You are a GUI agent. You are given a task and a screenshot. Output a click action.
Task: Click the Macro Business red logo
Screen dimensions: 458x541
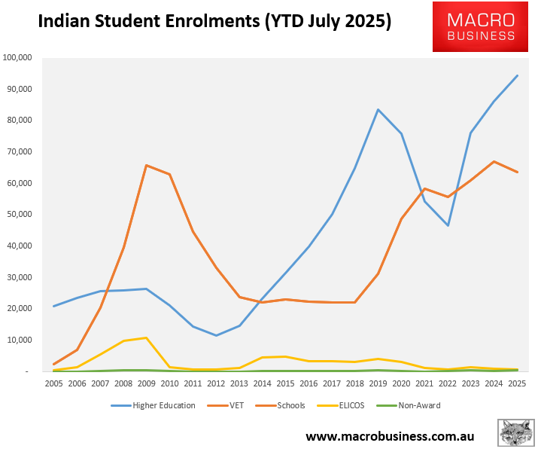[481, 27]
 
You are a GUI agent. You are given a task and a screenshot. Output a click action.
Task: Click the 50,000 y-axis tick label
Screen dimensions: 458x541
[18, 215]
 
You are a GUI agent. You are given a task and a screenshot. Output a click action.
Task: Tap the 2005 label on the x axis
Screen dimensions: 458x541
[53, 383]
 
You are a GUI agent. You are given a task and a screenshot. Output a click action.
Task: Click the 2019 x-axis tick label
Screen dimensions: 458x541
[378, 383]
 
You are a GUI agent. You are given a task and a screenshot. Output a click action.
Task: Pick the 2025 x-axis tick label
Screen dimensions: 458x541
[517, 383]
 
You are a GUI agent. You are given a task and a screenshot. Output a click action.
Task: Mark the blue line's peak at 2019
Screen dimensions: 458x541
[378, 109]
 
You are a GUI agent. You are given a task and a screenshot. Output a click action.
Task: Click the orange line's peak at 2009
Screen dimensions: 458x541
[146, 165]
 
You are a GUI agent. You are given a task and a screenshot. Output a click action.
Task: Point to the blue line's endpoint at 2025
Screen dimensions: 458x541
[517, 75]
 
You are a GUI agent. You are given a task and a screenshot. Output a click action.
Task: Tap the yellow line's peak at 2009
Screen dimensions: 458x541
[146, 337]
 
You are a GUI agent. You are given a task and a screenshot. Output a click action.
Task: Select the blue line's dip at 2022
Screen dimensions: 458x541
[448, 225]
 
